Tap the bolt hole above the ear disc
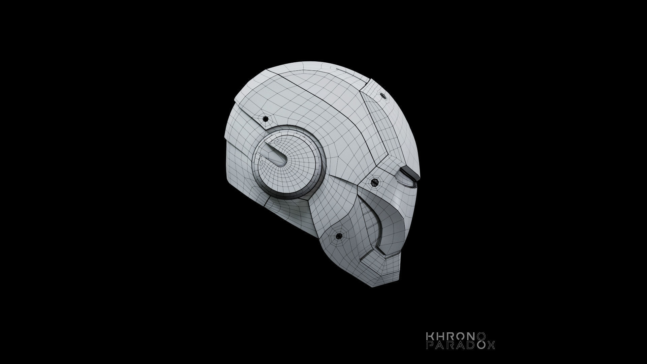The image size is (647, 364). [x=265, y=119]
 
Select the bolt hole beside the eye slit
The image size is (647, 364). [x=374, y=182]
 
